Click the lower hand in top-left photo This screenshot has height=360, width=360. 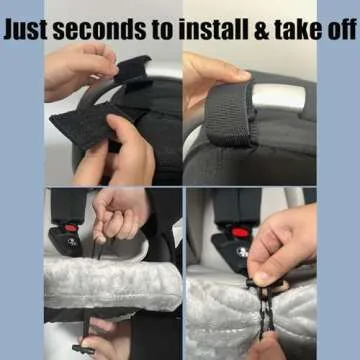pyautogui.click(x=135, y=150)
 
